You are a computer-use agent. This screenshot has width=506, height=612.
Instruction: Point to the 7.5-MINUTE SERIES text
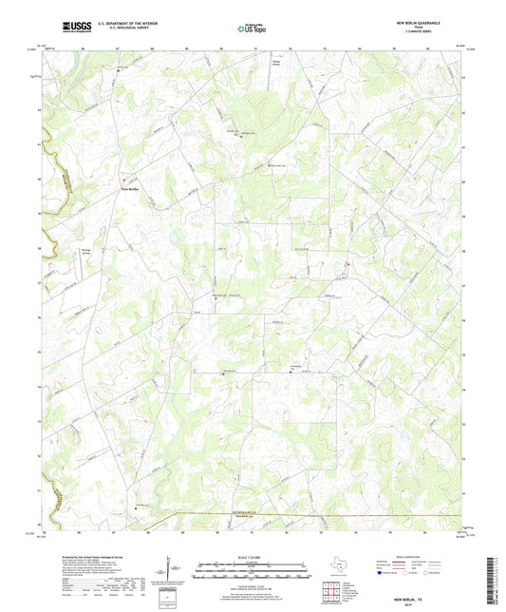coord(420,32)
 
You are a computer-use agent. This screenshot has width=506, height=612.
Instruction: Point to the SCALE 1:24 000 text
coord(253,556)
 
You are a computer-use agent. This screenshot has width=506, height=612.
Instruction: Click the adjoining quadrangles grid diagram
coord(331,594)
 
